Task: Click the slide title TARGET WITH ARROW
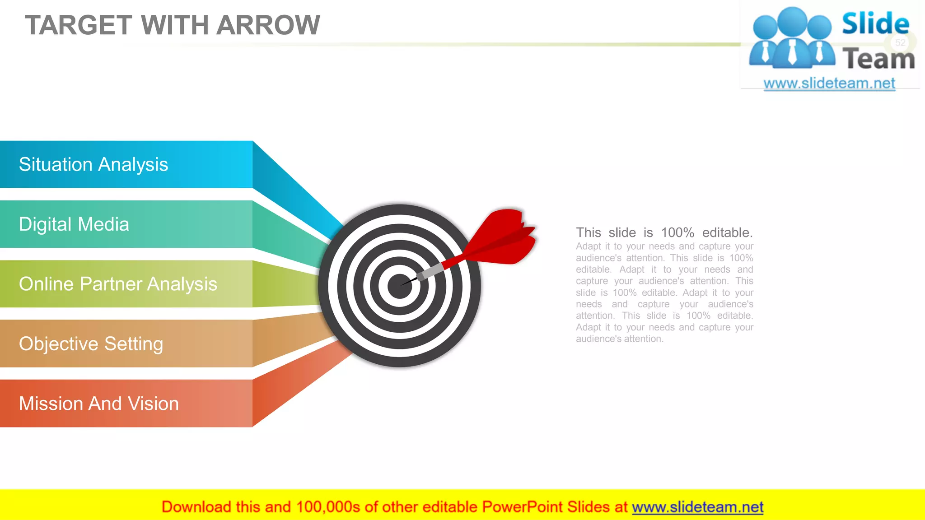coord(173,25)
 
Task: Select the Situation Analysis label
coord(93,165)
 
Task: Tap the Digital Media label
coord(74,224)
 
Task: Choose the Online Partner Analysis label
coord(118,284)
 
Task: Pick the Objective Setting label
coord(91,344)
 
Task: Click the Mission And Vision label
coord(99,404)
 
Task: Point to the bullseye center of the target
coord(399,286)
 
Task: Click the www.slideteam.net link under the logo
coord(829,84)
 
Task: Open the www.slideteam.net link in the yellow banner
coord(697,507)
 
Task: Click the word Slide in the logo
coord(875,24)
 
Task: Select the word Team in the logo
coord(878,59)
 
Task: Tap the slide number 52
coord(900,42)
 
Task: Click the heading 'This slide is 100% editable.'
coord(664,233)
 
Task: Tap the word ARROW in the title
coord(268,25)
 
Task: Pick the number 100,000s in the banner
coord(328,507)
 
